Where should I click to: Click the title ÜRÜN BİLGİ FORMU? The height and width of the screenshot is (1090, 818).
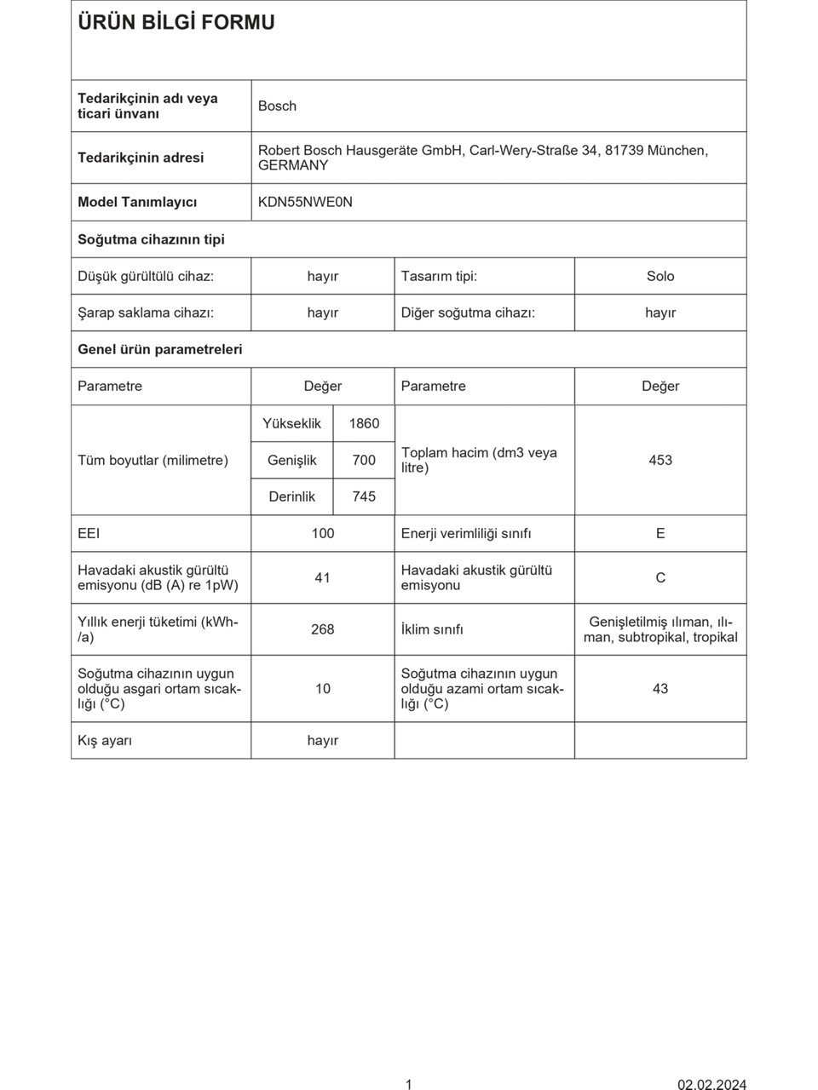[x=176, y=23]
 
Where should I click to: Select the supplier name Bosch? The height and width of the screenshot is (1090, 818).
[x=277, y=106]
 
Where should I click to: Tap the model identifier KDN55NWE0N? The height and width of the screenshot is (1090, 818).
[x=305, y=202]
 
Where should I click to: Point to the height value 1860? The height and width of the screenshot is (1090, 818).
[x=364, y=423]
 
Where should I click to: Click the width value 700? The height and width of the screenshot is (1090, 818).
[x=364, y=460]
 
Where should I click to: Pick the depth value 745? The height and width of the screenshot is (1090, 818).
[x=364, y=496]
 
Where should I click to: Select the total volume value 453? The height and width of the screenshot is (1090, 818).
[x=660, y=460]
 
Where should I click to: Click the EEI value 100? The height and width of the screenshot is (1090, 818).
[x=323, y=533]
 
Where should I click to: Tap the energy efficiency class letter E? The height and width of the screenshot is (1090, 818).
[x=660, y=533]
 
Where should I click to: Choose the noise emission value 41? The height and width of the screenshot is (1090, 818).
[x=322, y=577]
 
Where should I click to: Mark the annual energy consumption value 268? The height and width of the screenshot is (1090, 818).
[x=323, y=629]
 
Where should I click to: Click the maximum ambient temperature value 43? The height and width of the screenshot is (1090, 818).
[x=660, y=688]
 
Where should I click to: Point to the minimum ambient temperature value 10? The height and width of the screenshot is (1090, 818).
[x=323, y=688]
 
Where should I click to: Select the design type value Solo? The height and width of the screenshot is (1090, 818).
[x=660, y=276]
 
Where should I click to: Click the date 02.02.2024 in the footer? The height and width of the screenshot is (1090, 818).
[x=711, y=1084]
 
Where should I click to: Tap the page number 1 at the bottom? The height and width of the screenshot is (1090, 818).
[x=409, y=1084]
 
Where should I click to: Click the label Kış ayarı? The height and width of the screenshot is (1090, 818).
[x=105, y=740]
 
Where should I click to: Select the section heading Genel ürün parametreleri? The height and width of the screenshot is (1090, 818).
[x=160, y=349]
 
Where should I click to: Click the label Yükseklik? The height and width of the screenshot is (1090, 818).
[x=291, y=423]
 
